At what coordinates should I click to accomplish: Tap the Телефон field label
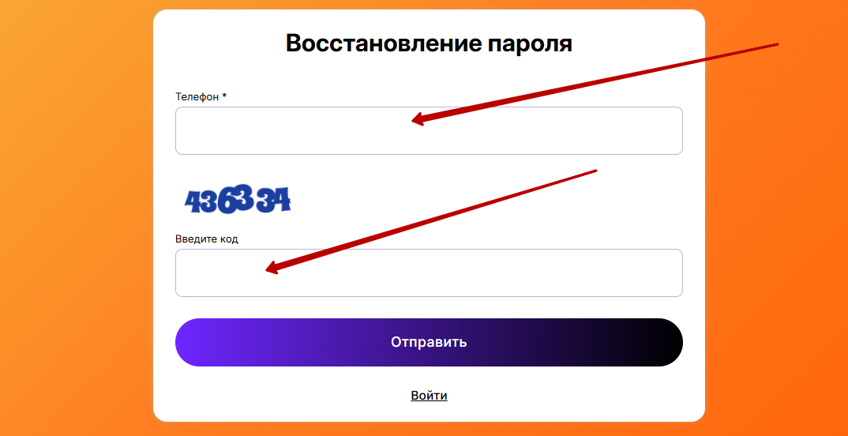(x=197, y=97)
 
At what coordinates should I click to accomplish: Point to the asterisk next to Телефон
(x=224, y=96)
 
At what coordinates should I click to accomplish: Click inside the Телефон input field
(x=429, y=131)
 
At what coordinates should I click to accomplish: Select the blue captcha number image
(x=238, y=199)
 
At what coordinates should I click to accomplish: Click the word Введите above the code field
(x=195, y=239)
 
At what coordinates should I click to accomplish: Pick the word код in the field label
(x=228, y=239)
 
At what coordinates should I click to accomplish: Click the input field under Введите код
(x=429, y=272)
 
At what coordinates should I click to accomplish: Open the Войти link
(x=429, y=396)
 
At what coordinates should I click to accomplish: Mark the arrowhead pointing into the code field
(x=274, y=267)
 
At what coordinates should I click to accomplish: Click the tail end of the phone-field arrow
(x=777, y=43)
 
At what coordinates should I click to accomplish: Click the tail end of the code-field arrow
(x=595, y=171)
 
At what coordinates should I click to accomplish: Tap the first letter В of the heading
(x=295, y=43)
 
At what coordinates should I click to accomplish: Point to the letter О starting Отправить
(x=396, y=343)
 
